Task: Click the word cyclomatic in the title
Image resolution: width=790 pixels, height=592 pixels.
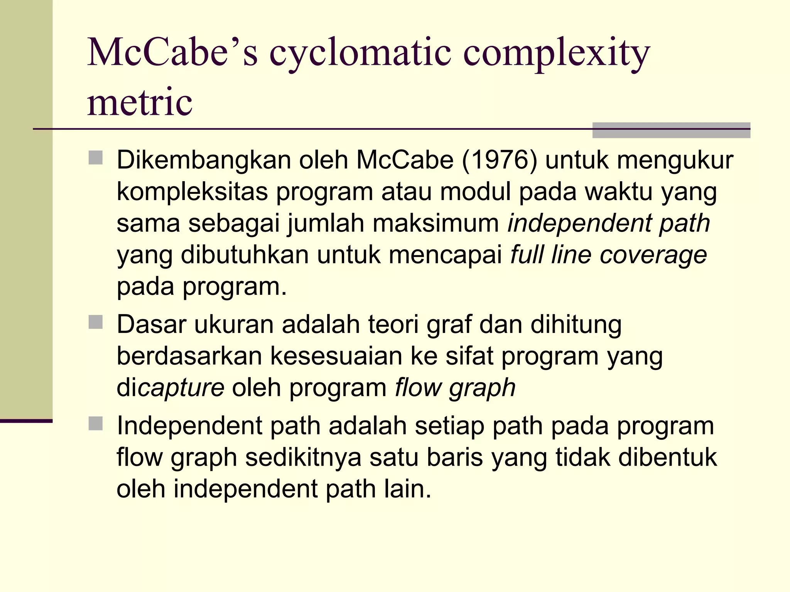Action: click(360, 54)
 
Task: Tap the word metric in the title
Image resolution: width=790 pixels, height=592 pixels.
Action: click(140, 102)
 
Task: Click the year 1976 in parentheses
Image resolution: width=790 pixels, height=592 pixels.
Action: click(499, 160)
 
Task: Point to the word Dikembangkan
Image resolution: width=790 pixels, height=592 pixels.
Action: click(204, 160)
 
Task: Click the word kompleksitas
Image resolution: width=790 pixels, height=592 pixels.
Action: click(192, 192)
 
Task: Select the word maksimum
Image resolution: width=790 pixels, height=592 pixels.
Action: click(436, 223)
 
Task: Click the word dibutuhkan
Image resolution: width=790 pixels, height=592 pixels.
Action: click(245, 255)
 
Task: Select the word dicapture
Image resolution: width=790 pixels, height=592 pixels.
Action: click(170, 387)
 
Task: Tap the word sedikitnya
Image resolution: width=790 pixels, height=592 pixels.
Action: click(303, 457)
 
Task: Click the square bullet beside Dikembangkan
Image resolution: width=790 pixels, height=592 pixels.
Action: click(96, 158)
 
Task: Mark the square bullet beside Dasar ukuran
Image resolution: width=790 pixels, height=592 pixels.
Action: click(96, 322)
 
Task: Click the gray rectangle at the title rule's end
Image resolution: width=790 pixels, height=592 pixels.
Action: click(671, 130)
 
